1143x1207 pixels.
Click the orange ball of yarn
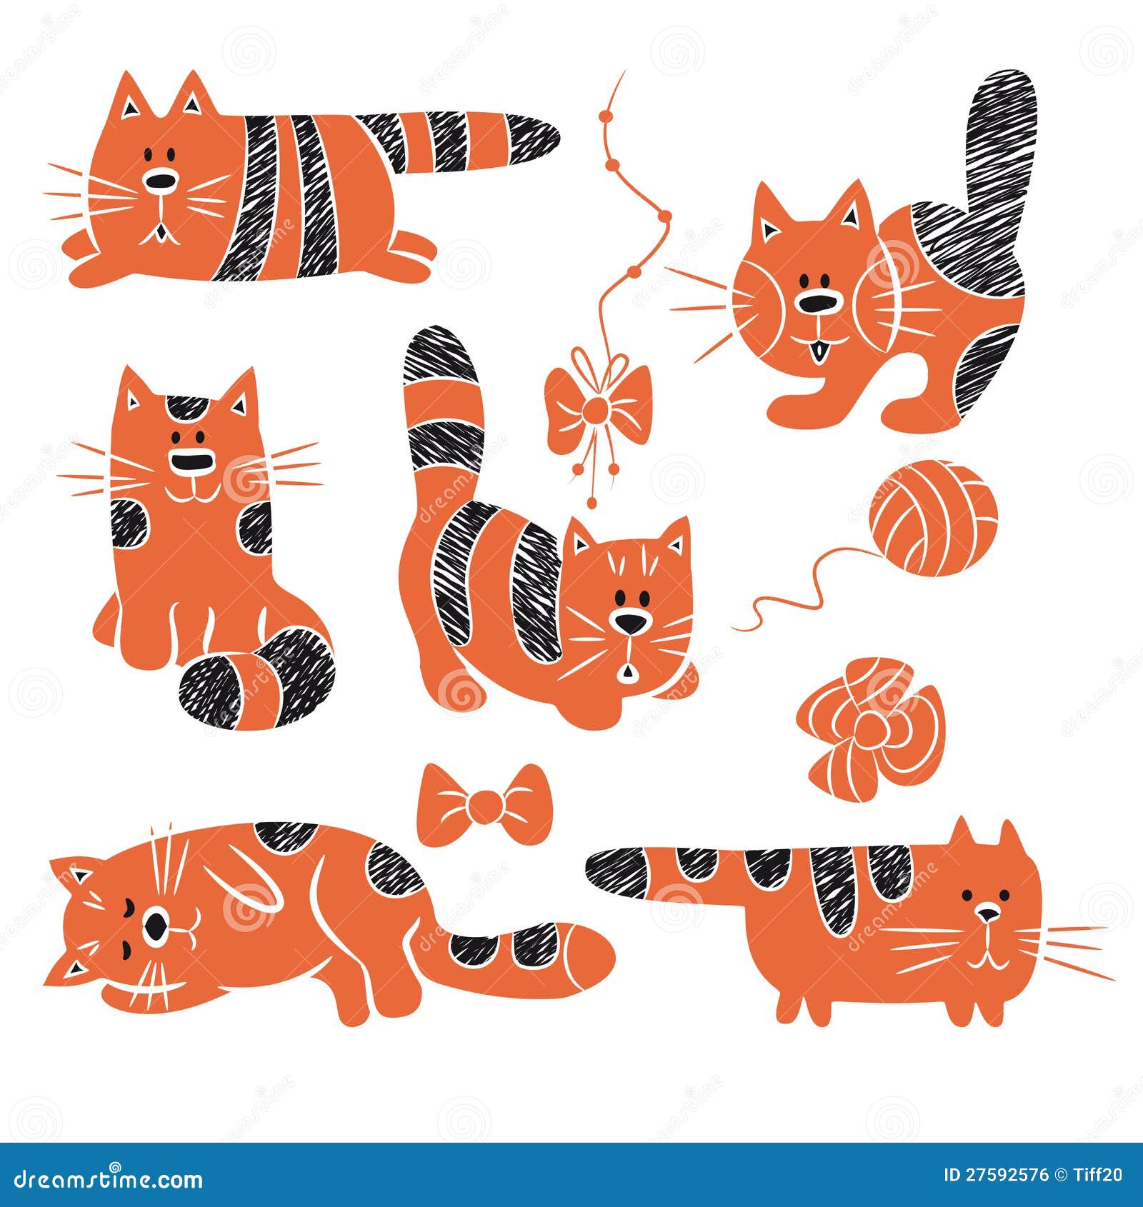[932, 519]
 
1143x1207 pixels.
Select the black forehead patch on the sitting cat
[186, 409]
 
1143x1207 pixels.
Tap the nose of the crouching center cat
[631, 623]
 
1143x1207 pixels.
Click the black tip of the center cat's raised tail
[437, 356]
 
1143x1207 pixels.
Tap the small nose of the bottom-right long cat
[987, 913]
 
